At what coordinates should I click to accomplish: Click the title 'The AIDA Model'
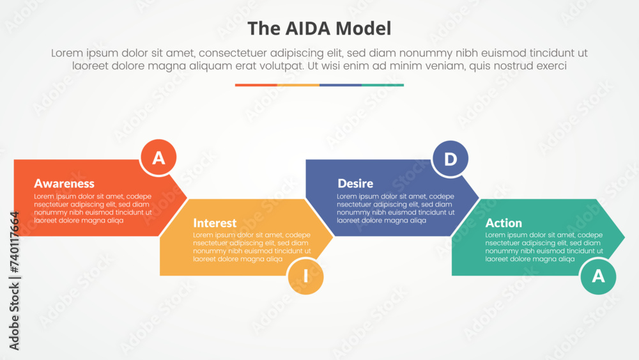[x=319, y=29]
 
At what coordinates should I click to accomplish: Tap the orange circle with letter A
[x=158, y=157]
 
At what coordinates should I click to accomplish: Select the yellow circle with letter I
[x=305, y=276]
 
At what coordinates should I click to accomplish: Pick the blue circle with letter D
[x=450, y=159]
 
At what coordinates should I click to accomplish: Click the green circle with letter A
[x=598, y=276]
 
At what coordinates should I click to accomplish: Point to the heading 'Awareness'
[x=64, y=184]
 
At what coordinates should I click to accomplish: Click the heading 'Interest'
[x=215, y=223]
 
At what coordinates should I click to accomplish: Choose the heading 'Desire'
[x=355, y=184]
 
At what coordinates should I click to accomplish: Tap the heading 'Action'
[x=504, y=223]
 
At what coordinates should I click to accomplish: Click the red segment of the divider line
[x=256, y=85]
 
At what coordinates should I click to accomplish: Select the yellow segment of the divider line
[x=298, y=85]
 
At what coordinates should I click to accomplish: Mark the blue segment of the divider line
[x=341, y=85]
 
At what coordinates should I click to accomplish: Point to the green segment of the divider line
[x=383, y=85]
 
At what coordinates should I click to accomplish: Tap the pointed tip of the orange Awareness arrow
[x=187, y=198]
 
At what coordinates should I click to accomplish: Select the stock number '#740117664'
[x=14, y=242]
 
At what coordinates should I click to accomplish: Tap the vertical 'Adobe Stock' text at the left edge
[x=14, y=317]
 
